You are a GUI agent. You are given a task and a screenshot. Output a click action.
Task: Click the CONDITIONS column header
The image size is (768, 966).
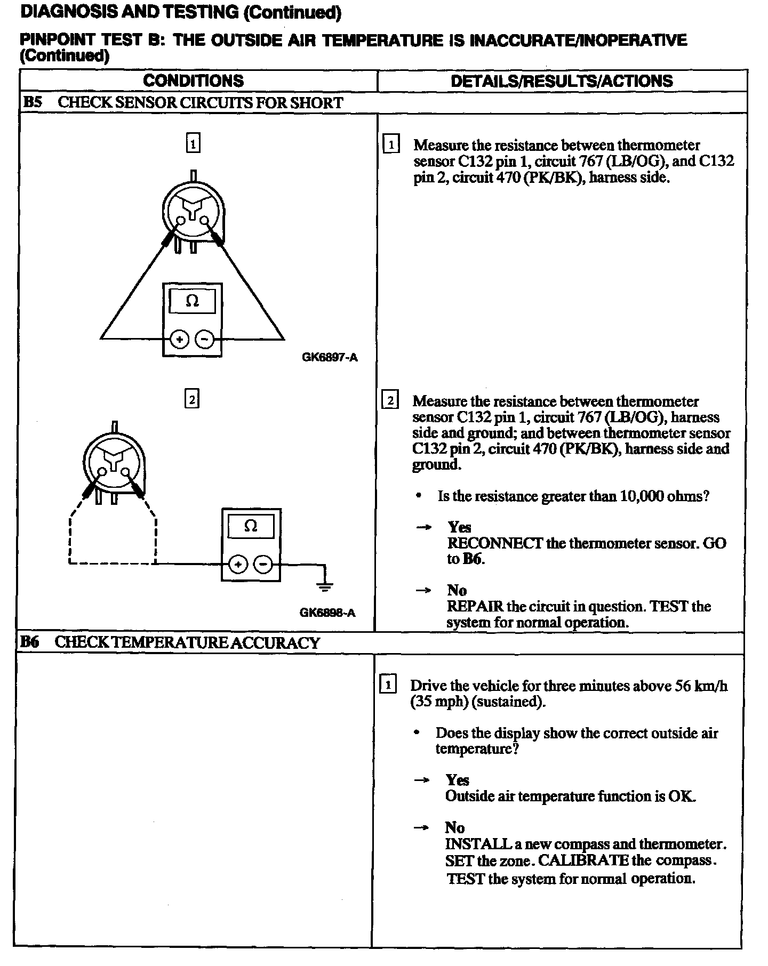[193, 81]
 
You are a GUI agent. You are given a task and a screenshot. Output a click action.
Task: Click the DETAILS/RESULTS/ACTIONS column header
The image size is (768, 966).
[562, 81]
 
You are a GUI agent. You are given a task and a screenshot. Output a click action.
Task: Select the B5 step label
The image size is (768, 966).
[33, 102]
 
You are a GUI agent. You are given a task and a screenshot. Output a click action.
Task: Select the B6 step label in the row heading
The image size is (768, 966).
[30, 642]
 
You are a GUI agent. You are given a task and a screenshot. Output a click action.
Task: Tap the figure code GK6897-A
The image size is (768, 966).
[330, 357]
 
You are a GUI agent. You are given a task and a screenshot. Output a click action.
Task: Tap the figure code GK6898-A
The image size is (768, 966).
[327, 613]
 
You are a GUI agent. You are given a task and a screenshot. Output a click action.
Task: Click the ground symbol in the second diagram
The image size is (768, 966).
[324, 585]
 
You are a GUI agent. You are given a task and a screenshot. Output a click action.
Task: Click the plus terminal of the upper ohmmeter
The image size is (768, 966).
[180, 339]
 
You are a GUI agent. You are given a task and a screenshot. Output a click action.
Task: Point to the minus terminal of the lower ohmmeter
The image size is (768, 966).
[262, 564]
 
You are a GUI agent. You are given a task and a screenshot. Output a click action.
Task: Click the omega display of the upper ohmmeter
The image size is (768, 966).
[192, 301]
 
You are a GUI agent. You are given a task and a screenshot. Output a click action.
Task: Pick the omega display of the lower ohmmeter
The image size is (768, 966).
[251, 526]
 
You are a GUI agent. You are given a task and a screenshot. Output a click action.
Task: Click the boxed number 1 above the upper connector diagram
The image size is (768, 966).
[193, 143]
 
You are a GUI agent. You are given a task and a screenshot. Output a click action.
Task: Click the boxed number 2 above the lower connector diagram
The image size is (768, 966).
[191, 399]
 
